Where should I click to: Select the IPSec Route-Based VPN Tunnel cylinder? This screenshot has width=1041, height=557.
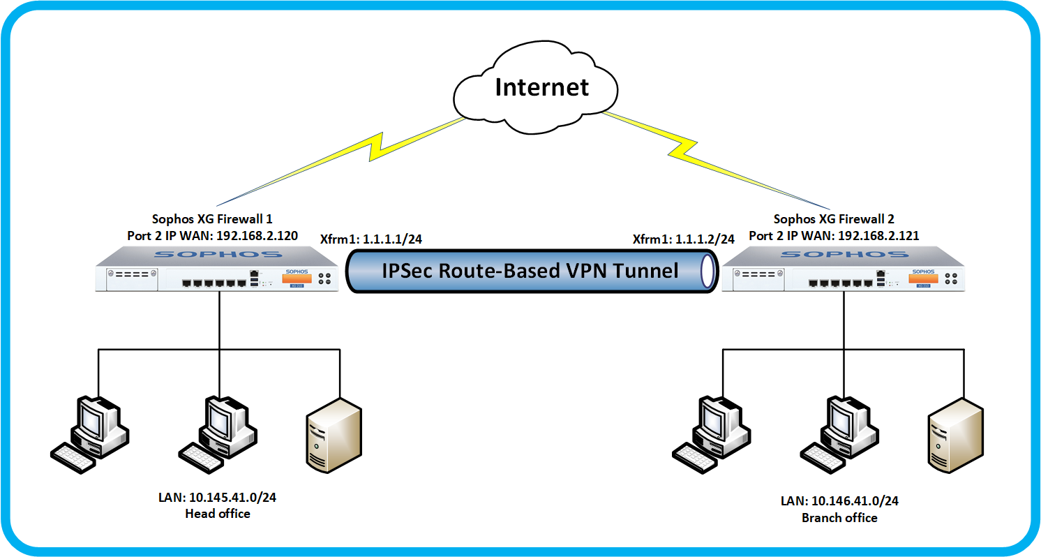pos(531,270)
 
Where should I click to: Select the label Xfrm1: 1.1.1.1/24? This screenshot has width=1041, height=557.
pos(370,239)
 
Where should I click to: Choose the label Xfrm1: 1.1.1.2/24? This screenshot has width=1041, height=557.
pos(683,239)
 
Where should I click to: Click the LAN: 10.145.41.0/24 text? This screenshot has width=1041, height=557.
pos(218,498)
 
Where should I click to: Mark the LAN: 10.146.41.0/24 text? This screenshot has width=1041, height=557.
pos(839,501)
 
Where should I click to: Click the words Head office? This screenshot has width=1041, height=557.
pos(218,514)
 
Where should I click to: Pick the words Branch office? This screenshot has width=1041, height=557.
pos(839,518)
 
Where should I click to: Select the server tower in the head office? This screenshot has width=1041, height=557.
pos(334,433)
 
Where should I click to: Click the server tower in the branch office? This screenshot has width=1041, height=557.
pos(956,433)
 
